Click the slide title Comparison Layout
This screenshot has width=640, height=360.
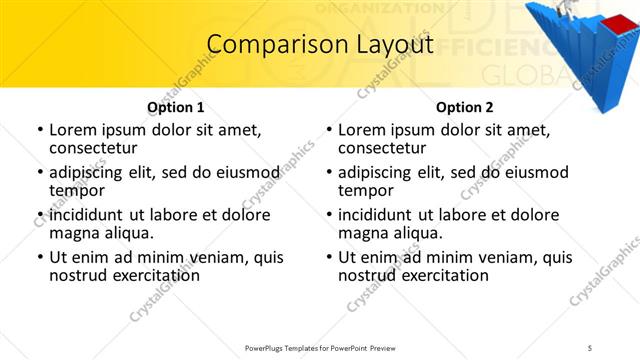click(320, 44)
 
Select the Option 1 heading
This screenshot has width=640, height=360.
click(175, 107)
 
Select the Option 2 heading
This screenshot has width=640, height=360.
click(464, 107)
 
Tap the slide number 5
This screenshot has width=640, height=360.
click(590, 348)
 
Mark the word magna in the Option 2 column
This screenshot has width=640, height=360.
click(362, 233)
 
